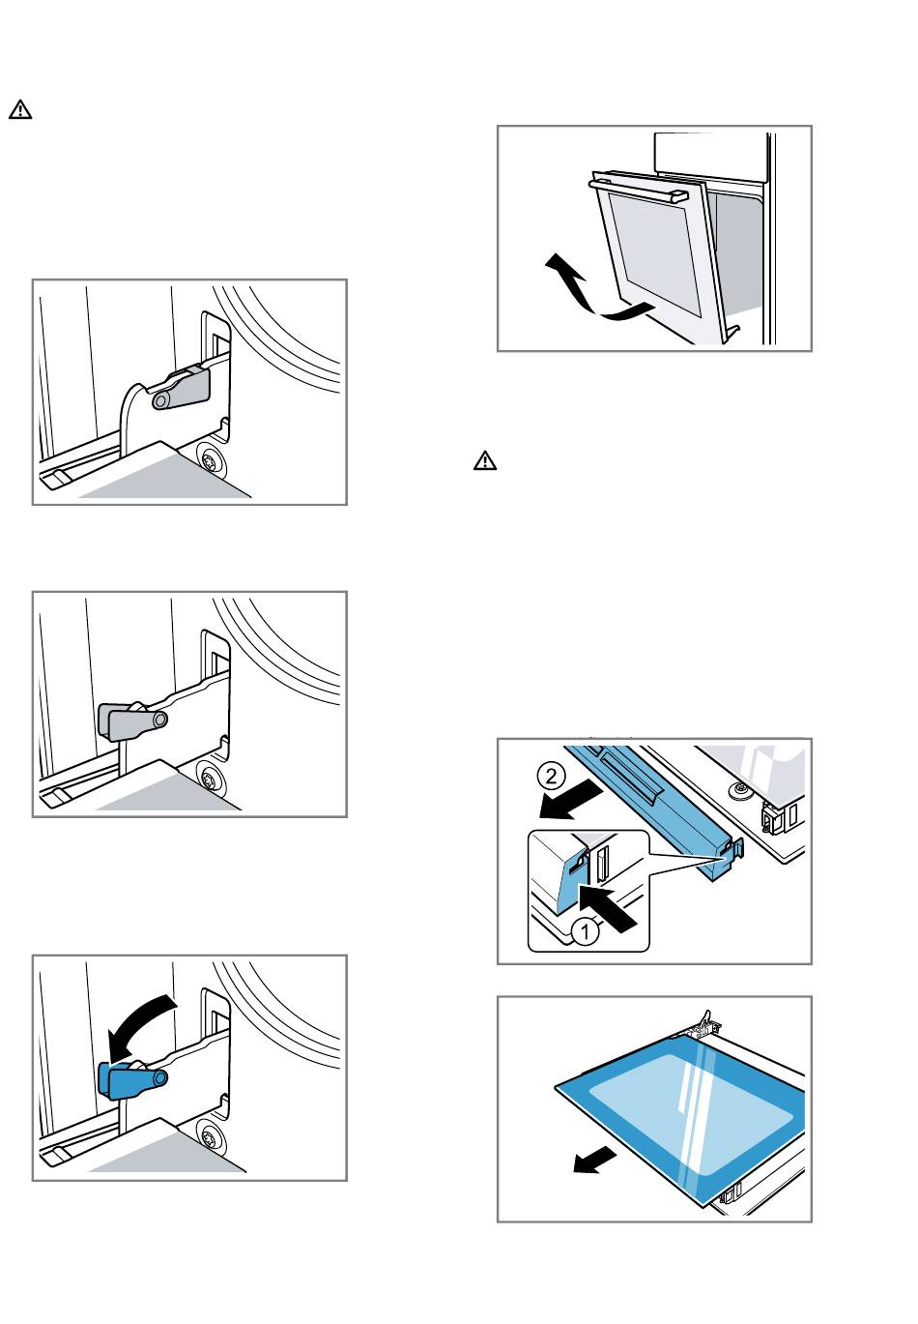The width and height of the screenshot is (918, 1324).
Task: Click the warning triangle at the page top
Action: coord(20,109)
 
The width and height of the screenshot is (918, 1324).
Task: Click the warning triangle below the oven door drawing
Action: coord(484,461)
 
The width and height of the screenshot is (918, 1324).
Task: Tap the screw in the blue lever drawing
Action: coord(209,1135)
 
